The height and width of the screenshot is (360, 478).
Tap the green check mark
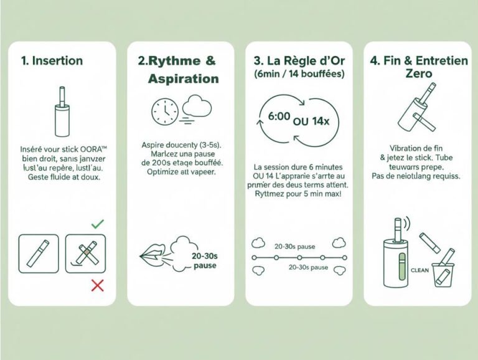coord(98,223)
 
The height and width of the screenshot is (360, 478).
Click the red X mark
coord(97,285)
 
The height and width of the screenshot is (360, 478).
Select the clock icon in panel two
coord(165,111)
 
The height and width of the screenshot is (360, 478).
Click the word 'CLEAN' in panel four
coord(419,270)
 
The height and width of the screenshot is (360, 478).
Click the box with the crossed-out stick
coord(85,252)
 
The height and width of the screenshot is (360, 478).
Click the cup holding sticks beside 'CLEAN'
coord(444,269)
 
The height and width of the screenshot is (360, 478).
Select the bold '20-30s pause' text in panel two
coord(205,260)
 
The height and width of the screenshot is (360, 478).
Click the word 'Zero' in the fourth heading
coord(416,73)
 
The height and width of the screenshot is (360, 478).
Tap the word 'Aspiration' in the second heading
coord(183,78)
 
